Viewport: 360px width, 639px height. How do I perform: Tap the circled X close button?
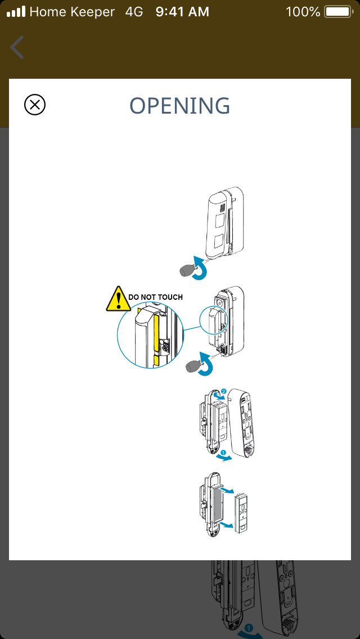[x=35, y=105]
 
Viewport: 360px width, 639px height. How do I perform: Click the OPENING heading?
[x=180, y=106]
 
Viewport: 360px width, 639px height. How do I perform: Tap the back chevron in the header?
[x=17, y=47]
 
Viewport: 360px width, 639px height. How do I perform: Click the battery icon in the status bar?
[x=339, y=11]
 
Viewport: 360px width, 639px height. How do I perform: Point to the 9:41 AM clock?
[x=182, y=12]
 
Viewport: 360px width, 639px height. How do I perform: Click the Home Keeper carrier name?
[x=72, y=12]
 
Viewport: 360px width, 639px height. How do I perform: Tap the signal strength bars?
[x=16, y=11]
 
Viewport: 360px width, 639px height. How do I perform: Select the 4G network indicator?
[x=134, y=12]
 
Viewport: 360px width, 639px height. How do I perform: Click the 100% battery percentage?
[x=303, y=12]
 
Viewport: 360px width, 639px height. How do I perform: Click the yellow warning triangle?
[x=118, y=299]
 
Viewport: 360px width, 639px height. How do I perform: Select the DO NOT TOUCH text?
[x=155, y=297]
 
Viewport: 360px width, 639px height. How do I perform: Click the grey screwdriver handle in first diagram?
[x=187, y=269]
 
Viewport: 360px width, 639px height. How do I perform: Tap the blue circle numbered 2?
[x=224, y=392]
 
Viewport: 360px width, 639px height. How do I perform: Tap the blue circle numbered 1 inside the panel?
[x=223, y=452]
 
